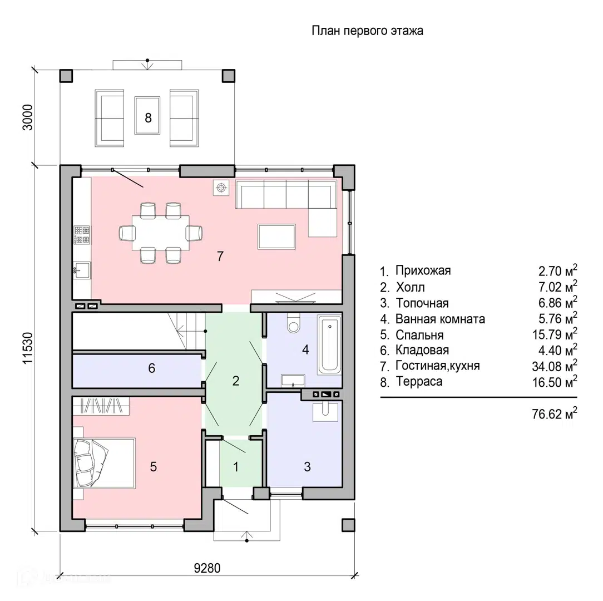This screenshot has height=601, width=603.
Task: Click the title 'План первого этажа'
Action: (x=367, y=31)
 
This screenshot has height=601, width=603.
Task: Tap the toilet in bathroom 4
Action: (x=294, y=322)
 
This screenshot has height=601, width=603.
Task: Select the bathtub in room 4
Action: (x=329, y=344)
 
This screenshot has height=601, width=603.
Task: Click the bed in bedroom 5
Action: (x=104, y=463)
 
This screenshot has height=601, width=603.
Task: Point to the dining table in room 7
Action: (x=161, y=233)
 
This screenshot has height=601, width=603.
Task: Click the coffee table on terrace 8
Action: (x=147, y=115)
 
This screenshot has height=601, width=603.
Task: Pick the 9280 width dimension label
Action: (x=207, y=568)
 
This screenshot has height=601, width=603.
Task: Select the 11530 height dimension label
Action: (x=28, y=348)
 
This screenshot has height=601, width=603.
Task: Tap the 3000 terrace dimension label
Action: (x=28, y=117)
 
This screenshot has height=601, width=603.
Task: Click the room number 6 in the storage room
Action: (x=151, y=368)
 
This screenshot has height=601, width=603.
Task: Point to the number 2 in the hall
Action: (x=236, y=381)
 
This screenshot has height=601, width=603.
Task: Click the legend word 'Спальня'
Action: (x=419, y=335)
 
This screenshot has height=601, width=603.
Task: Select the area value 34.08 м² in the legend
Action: (x=555, y=366)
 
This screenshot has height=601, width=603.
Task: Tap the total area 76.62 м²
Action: (x=555, y=413)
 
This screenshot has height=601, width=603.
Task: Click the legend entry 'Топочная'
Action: (x=422, y=303)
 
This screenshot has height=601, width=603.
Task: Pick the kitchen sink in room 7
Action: (x=81, y=270)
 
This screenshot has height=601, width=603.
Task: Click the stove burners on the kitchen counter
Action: (x=82, y=235)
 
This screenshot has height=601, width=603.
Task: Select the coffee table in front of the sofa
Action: (x=277, y=237)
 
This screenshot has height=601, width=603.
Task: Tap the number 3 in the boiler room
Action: (x=307, y=467)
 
